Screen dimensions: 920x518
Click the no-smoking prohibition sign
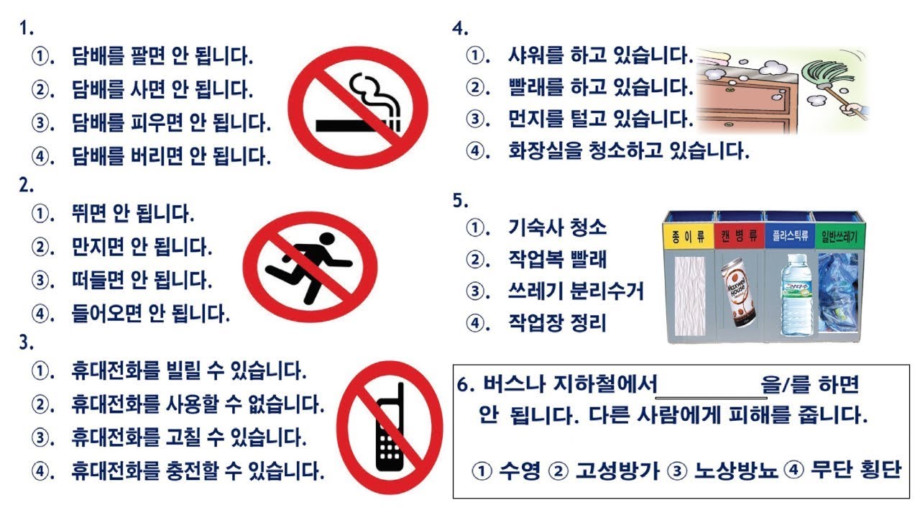pos(358,108)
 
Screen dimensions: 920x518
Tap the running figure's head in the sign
pos(327,239)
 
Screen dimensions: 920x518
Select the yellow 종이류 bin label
pos(689,237)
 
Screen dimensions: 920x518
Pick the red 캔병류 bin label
pos(740,237)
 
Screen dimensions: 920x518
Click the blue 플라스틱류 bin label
pos(790,236)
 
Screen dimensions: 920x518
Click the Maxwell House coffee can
pos(737,292)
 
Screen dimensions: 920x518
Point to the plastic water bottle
pos(796,294)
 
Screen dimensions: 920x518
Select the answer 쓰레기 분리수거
pos(576,291)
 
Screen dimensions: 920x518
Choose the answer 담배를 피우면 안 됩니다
pos(171,122)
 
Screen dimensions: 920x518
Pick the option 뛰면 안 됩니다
pos(133,213)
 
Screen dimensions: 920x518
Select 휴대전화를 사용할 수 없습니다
pos(198,404)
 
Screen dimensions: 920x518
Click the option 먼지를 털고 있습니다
pos(601,119)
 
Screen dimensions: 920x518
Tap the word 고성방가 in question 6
pos(617,471)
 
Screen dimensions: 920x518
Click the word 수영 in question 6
pos(519,471)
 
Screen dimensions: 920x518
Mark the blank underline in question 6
pos(712,398)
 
